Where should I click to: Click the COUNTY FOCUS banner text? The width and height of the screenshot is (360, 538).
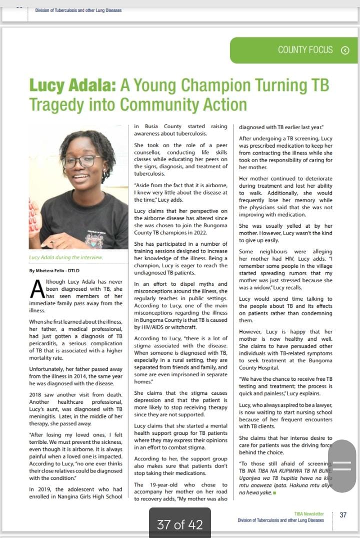(x=305, y=50)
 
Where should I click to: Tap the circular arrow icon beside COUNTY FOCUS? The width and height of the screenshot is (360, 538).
(x=344, y=50)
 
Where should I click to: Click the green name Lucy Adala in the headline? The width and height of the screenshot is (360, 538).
(x=72, y=86)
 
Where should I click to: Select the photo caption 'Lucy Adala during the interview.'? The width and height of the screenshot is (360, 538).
(x=66, y=257)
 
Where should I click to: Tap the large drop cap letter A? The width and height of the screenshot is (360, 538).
(x=36, y=290)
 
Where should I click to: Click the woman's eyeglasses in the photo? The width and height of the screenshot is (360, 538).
(x=80, y=161)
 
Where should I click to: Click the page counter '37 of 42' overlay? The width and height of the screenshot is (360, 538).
(x=179, y=524)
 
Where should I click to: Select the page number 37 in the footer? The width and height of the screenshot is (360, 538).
(x=343, y=515)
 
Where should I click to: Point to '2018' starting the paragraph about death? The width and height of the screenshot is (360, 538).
(x=37, y=394)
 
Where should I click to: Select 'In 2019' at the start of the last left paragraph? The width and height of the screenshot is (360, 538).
(x=39, y=489)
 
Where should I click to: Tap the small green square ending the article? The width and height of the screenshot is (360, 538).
(x=274, y=492)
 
